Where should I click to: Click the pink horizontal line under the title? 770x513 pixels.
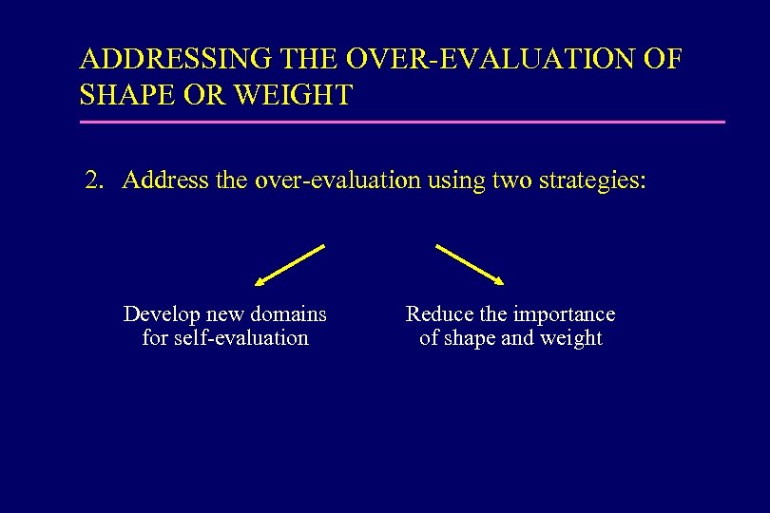(402, 122)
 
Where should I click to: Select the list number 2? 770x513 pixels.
(93, 180)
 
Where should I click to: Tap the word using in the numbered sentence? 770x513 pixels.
(455, 180)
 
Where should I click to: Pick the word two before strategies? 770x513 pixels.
(512, 180)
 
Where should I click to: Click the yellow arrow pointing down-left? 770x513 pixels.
(290, 264)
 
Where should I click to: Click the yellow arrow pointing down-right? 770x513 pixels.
(469, 264)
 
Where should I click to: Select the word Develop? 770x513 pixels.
(163, 314)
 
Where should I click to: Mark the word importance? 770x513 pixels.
(564, 314)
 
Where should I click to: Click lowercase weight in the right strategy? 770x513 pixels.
(571, 338)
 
